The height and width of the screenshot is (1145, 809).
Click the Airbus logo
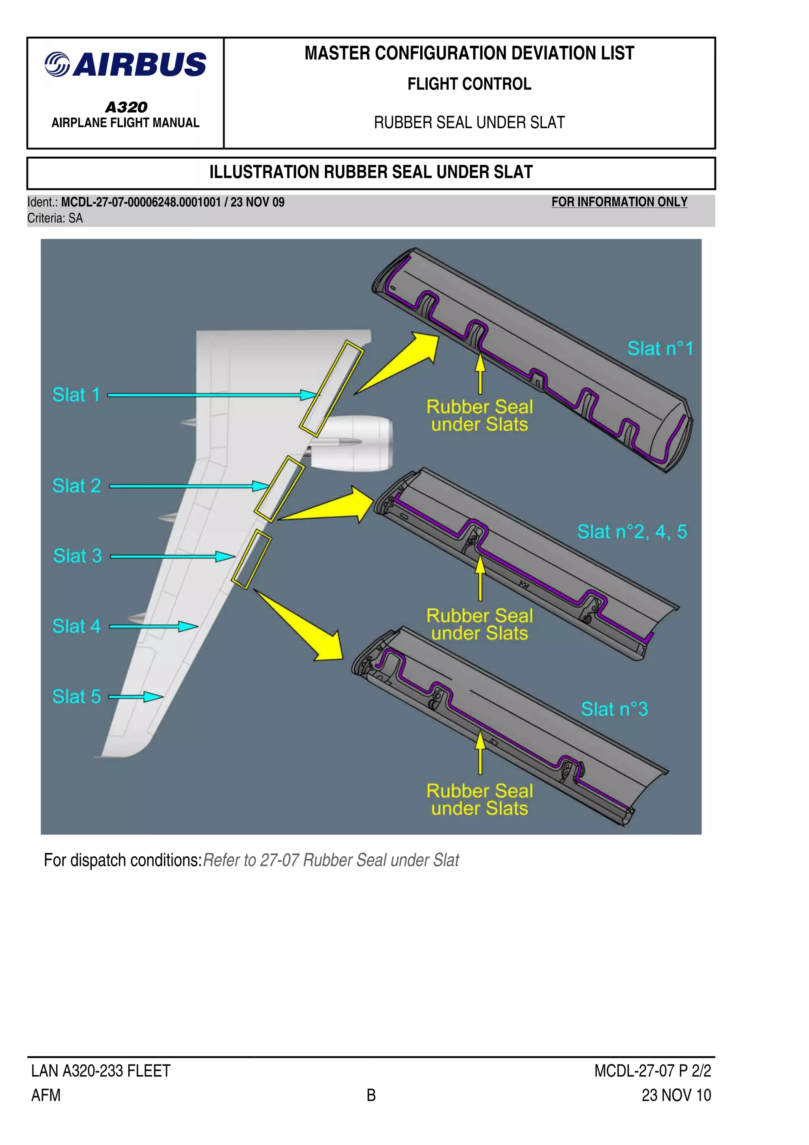[x=125, y=65]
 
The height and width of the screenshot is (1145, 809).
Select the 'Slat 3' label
[x=77, y=556]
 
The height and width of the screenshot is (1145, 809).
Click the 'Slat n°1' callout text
[x=660, y=349]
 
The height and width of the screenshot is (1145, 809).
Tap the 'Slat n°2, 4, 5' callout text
[x=632, y=532]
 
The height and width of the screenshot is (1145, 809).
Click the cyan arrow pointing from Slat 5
[x=136, y=697]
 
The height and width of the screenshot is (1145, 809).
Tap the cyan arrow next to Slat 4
[x=154, y=626]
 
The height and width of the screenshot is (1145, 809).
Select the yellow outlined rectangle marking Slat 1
[x=331, y=388]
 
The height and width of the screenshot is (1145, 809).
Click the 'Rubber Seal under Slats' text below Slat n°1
[x=479, y=415]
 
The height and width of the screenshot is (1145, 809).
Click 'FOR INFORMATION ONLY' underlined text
[x=619, y=202]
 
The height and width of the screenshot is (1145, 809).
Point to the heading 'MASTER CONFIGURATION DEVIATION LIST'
[x=469, y=53]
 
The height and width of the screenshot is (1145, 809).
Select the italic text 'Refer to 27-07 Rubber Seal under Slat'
[x=331, y=860]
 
